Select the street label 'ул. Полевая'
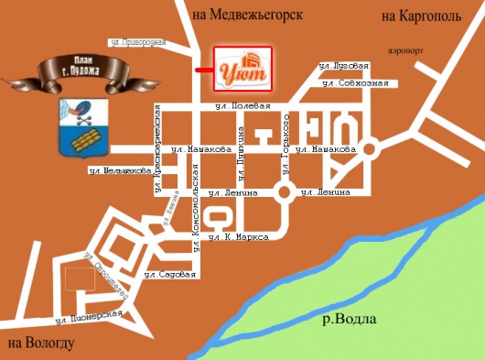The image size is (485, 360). click(x=232, y=107)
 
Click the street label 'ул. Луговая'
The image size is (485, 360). click(x=343, y=66)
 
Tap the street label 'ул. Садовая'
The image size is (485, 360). click(x=171, y=274)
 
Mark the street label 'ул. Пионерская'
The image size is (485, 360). click(x=89, y=316)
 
